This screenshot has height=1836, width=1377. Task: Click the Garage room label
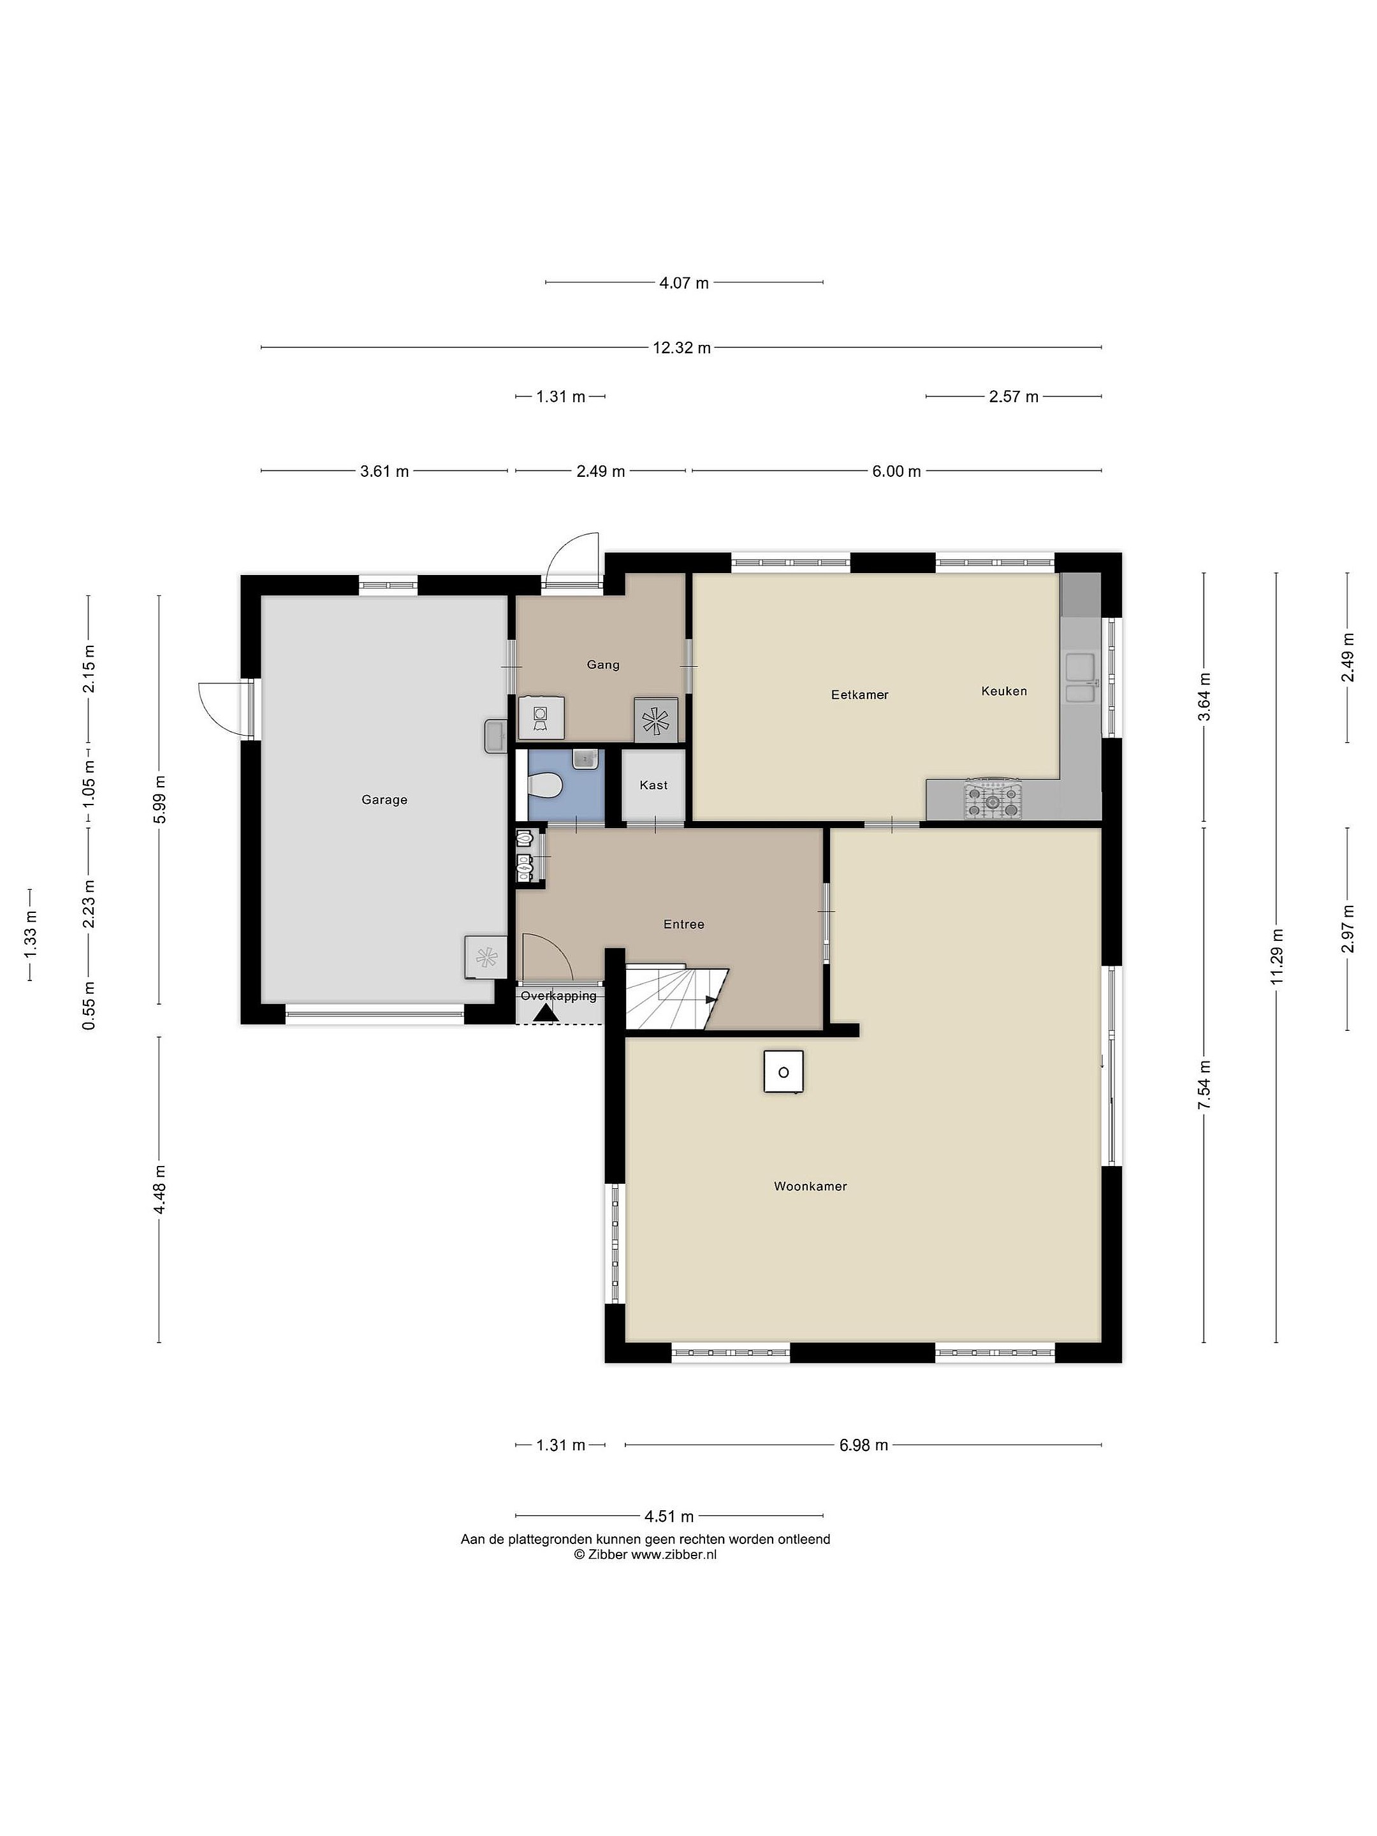tap(384, 800)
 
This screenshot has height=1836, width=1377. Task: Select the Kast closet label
tap(654, 785)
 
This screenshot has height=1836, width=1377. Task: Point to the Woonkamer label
tap(810, 1187)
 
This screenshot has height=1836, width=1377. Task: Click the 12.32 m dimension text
tap(681, 348)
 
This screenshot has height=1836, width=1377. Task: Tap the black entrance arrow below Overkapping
tap(544, 1014)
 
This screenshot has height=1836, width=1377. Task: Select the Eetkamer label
tap(860, 695)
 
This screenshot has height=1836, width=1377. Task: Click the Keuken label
tap(1004, 690)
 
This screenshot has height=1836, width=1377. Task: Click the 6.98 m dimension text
tap(863, 1445)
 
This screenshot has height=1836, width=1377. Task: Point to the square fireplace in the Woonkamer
tap(783, 1072)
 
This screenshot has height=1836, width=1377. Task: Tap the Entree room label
tap(684, 924)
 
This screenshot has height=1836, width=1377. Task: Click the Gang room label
tap(604, 664)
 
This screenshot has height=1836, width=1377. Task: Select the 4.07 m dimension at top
tap(684, 283)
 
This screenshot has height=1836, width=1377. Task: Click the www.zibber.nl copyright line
tap(645, 1555)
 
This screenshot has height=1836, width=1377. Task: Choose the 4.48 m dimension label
tap(159, 1188)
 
